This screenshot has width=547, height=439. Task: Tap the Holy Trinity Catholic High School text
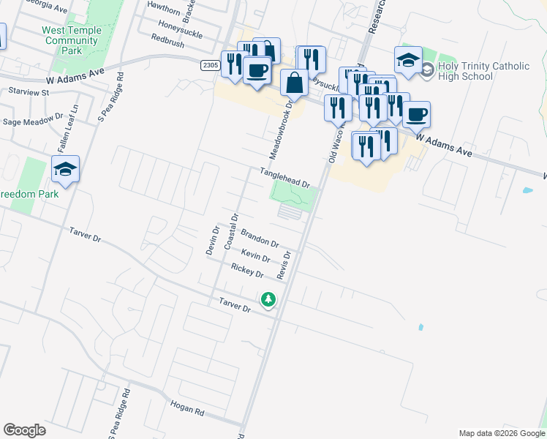pyautogui.click(x=483, y=71)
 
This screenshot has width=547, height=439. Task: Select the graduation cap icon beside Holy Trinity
pyautogui.click(x=408, y=60)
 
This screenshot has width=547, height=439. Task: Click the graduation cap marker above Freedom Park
pyautogui.click(x=65, y=170)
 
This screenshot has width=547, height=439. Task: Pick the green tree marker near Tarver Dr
pyautogui.click(x=268, y=299)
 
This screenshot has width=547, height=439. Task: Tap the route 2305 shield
pyautogui.click(x=210, y=65)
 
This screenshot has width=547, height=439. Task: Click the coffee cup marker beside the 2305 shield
pyautogui.click(x=257, y=71)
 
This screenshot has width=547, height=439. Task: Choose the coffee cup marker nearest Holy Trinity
pyautogui.click(x=416, y=115)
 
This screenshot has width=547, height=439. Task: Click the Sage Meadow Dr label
pyautogui.click(x=33, y=121)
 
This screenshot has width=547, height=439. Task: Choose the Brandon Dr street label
pyautogui.click(x=260, y=238)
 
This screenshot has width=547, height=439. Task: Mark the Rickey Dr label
pyautogui.click(x=247, y=271)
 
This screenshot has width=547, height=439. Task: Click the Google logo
pyautogui.click(x=24, y=430)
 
